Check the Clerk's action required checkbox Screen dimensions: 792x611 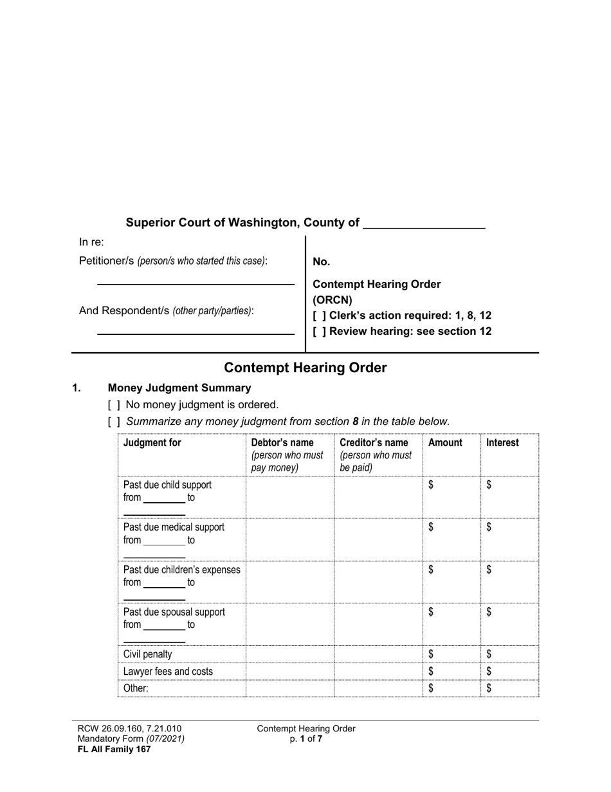(x=319, y=316)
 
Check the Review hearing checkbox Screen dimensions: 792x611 (x=319, y=332)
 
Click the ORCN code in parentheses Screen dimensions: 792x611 (x=333, y=300)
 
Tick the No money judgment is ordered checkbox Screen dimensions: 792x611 (x=114, y=405)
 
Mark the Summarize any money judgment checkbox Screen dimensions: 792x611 (x=114, y=422)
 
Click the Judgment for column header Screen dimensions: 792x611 (x=152, y=443)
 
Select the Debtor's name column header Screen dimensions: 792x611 (x=282, y=443)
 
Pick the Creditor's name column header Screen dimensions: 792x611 (x=374, y=443)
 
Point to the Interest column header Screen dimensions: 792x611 (x=502, y=443)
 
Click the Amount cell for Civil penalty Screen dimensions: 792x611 (x=451, y=654)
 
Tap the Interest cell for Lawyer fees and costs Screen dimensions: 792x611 (x=509, y=672)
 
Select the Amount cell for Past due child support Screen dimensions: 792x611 (x=451, y=497)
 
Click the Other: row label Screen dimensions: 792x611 (x=136, y=688)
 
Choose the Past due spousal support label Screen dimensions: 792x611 (x=174, y=612)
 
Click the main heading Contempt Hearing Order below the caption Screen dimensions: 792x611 (x=305, y=368)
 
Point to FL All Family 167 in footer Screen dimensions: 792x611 (x=114, y=750)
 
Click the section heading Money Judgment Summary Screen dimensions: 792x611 (x=179, y=388)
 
